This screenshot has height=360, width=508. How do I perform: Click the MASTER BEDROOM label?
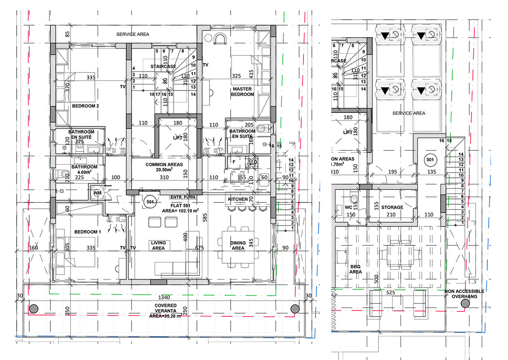tap(242, 92)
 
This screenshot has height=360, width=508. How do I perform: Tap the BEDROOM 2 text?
tap(85, 106)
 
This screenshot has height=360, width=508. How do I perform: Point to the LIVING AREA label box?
tap(158, 245)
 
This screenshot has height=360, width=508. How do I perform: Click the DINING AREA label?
tap(238, 245)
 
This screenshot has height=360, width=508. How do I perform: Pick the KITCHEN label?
tap(238, 199)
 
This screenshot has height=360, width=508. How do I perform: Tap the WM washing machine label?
tap(97, 193)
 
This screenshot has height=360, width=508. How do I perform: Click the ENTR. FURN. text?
tap(183, 197)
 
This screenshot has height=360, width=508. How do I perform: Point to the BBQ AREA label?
tap(356, 269)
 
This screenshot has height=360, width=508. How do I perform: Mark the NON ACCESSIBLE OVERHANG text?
tap(464, 294)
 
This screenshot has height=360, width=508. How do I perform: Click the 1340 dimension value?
tap(163, 297)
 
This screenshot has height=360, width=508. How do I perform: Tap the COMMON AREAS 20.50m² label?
tap(164, 167)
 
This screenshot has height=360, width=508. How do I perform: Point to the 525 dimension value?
tap(390, 292)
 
